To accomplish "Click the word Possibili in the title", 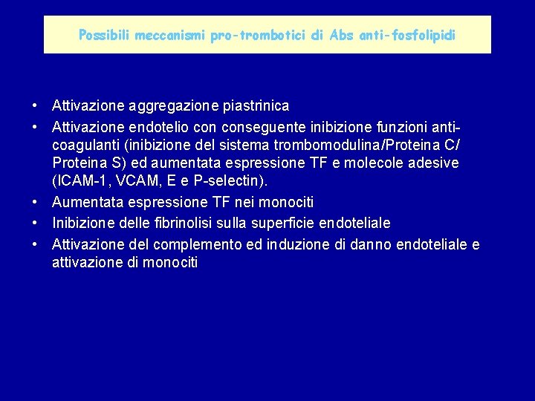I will pos(103,35).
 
